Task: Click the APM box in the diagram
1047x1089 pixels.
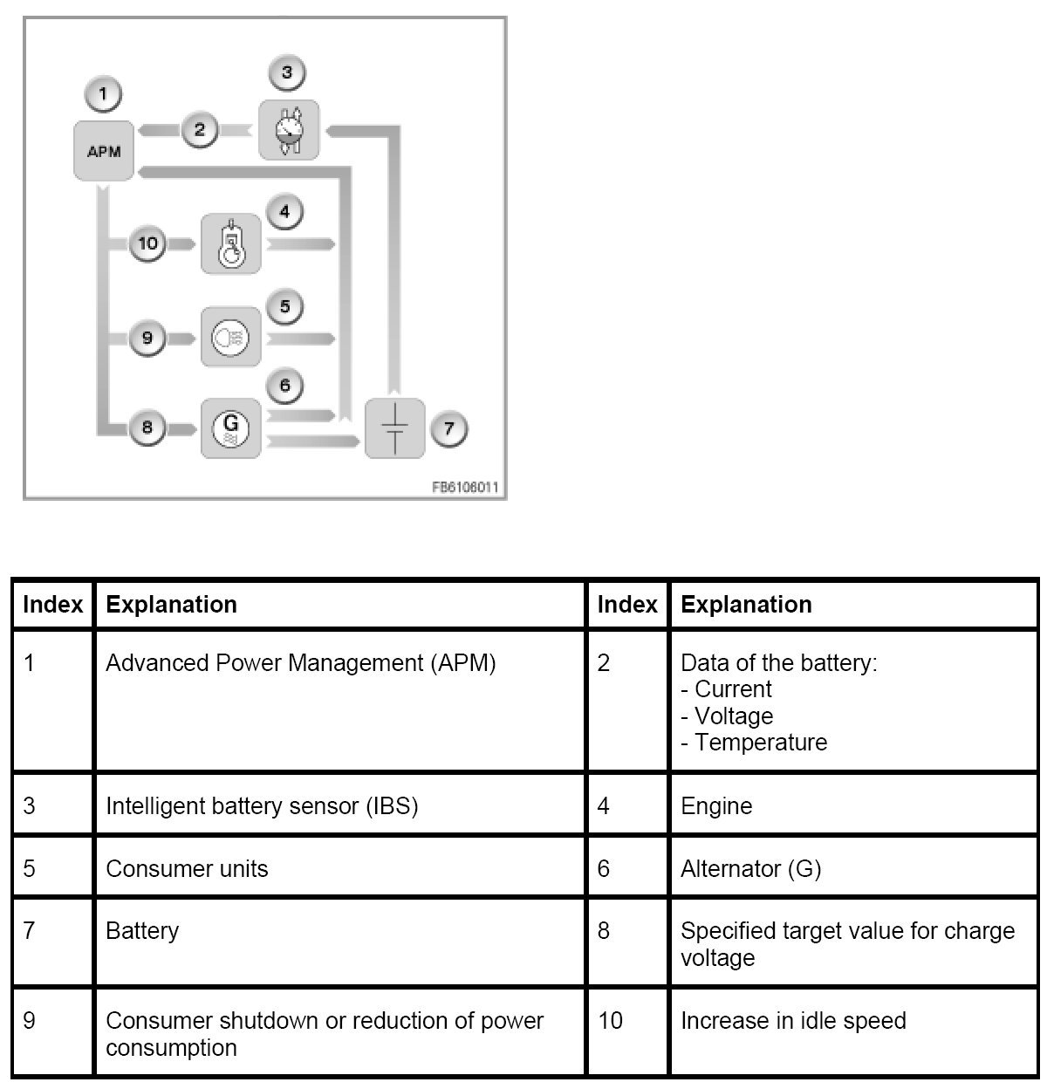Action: (104, 151)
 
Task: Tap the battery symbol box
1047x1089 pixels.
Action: (394, 428)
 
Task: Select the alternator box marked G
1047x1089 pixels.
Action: (231, 428)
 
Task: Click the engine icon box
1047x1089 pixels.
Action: (231, 243)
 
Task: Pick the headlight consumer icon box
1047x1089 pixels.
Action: (231, 337)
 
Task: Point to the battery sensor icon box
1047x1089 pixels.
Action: (289, 130)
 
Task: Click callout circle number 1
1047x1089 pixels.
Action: (104, 93)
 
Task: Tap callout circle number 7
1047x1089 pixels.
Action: (448, 428)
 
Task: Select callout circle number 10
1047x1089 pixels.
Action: (147, 243)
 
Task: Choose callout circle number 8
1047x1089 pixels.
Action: (147, 428)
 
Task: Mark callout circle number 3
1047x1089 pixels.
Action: (287, 72)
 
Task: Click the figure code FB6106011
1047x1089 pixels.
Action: (465, 488)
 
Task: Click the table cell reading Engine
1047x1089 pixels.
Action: (716, 805)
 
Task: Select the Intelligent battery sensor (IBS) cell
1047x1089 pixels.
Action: (262, 805)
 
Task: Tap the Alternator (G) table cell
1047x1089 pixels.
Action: (750, 868)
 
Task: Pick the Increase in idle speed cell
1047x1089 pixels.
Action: (793, 1020)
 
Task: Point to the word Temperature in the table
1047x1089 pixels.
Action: (760, 743)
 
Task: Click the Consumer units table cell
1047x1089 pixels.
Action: (187, 868)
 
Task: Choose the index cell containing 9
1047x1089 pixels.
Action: (30, 1020)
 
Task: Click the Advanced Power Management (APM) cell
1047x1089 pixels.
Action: (300, 663)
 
